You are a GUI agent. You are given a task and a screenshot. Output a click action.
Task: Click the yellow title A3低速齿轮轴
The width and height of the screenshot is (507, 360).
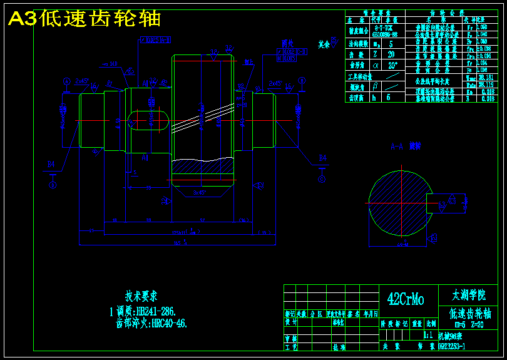[84, 19]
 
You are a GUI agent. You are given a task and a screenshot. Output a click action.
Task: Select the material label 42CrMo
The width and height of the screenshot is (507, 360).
[405, 300]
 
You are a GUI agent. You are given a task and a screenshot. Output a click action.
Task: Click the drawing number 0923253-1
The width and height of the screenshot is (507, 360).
[452, 345]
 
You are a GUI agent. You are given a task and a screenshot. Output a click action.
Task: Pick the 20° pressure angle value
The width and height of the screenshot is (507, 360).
[392, 64]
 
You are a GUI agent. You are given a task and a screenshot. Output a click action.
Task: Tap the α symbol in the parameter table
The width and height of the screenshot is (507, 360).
[376, 64]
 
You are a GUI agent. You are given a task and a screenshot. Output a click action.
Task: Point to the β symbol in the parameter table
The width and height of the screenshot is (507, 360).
[376, 87]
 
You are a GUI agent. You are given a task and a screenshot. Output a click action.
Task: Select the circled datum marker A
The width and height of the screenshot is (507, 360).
[66, 81]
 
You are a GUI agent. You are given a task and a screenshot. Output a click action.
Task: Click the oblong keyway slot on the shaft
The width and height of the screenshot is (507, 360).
[148, 120]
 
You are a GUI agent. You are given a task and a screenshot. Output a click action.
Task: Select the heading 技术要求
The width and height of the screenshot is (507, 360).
[141, 295]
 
